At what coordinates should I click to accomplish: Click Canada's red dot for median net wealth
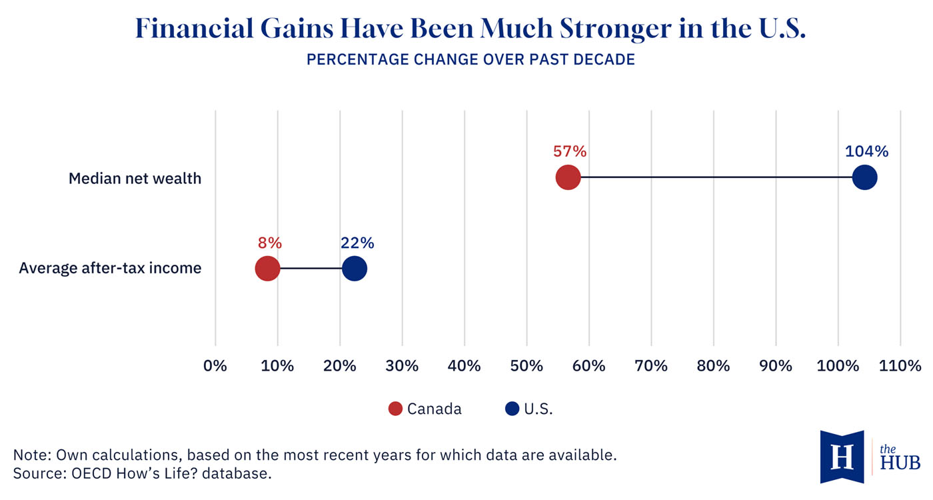(x=568, y=178)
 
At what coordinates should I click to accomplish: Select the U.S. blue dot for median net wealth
(x=864, y=178)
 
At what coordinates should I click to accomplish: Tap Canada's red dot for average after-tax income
(x=267, y=269)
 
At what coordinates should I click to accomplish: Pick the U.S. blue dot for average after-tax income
(x=355, y=269)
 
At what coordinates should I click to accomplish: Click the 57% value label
(x=570, y=151)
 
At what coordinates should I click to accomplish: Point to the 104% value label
(x=866, y=151)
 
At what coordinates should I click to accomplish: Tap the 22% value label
(x=357, y=243)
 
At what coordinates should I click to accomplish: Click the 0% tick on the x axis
(x=215, y=366)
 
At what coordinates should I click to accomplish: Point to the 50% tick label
(x=526, y=366)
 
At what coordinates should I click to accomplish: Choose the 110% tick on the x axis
(x=900, y=366)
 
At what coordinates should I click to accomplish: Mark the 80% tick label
(x=714, y=366)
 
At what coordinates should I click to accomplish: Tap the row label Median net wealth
(x=135, y=179)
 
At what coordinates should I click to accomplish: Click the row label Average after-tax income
(x=110, y=269)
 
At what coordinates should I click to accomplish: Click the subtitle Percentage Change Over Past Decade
(x=470, y=60)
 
